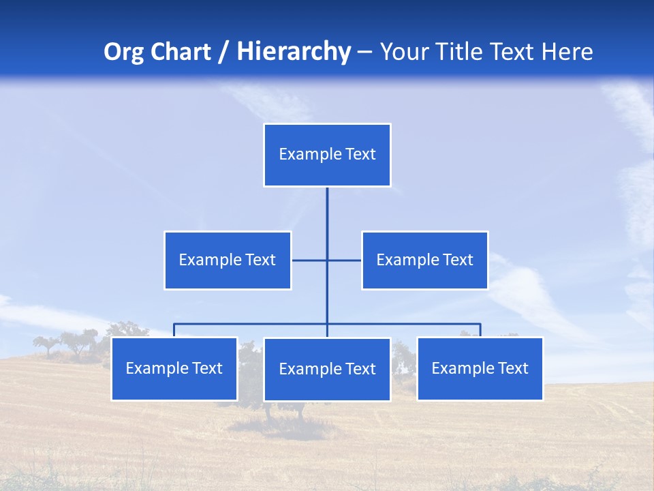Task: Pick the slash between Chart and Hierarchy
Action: [223, 53]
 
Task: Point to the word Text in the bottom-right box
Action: [512, 368]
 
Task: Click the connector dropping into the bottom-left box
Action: [174, 330]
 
